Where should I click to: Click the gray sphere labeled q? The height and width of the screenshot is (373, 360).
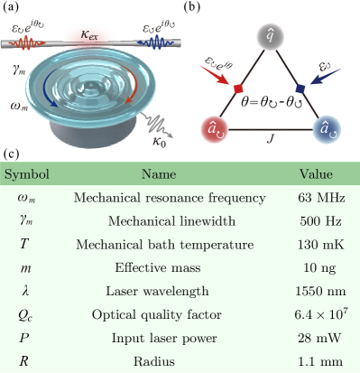tap(269, 36)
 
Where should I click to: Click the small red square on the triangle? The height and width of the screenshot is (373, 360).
tap(239, 89)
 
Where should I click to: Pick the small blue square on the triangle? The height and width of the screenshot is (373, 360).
tap(300, 89)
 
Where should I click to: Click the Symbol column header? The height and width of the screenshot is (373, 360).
tap(27, 174)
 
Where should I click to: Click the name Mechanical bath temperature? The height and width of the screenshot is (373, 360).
tap(152, 245)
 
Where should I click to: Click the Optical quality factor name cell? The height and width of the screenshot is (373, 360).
tap(152, 315)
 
